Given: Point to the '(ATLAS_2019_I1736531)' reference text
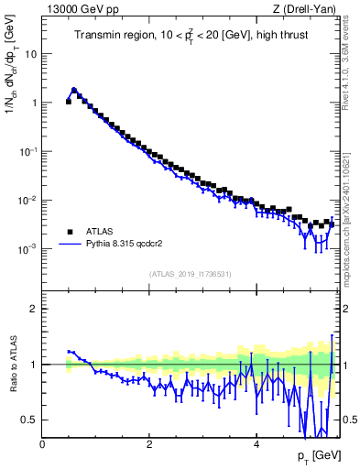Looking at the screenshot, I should pyautogui.click(x=191, y=274).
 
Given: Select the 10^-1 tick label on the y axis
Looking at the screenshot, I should pyautogui.click(x=28, y=151).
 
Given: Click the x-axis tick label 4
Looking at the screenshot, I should pyautogui.click(x=256, y=446).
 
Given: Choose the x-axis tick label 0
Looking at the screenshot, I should pyautogui.click(x=43, y=446).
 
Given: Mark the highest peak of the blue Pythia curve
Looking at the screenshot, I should pyautogui.click(x=74, y=90).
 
